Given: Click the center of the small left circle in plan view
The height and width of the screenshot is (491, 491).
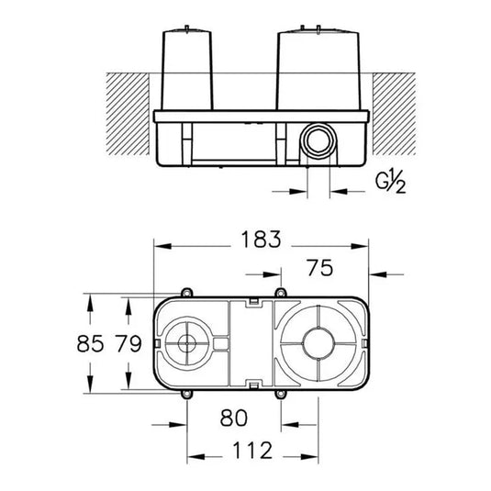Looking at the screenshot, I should (187, 347).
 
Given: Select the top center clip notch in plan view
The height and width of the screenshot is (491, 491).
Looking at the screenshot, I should (251, 301).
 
